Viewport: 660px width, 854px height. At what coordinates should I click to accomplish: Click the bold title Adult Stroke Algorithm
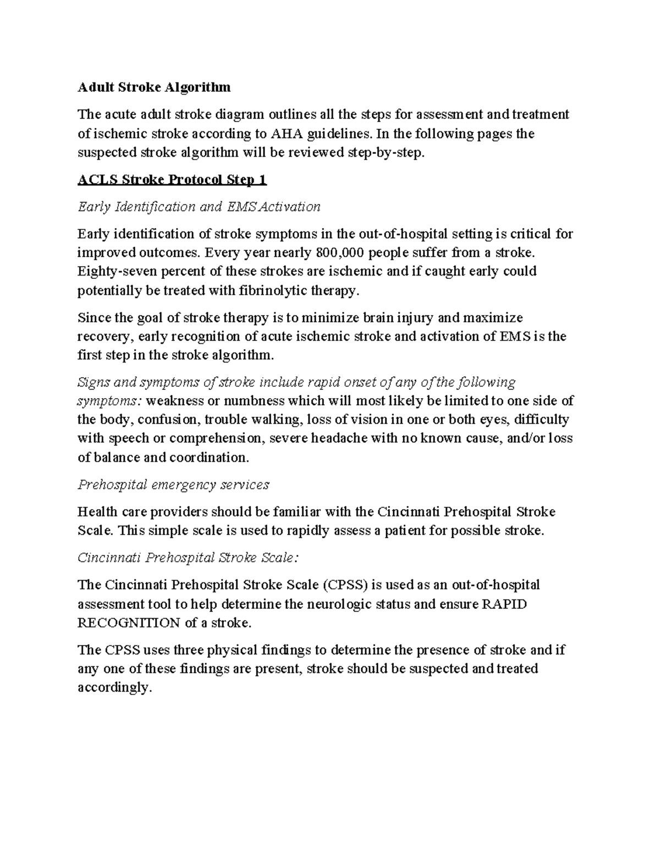coord(154,87)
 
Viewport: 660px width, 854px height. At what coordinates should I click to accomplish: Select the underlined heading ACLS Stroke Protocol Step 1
coord(172,180)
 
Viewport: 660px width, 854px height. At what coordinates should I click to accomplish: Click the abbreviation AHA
coord(286,134)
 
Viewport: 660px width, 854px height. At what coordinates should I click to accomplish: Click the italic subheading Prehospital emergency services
coord(173,484)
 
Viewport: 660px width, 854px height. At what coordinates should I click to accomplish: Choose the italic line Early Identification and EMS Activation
coord(199,207)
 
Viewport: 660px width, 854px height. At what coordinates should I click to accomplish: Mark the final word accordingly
coord(114,687)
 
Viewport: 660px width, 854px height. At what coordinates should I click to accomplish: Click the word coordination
coord(208,458)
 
